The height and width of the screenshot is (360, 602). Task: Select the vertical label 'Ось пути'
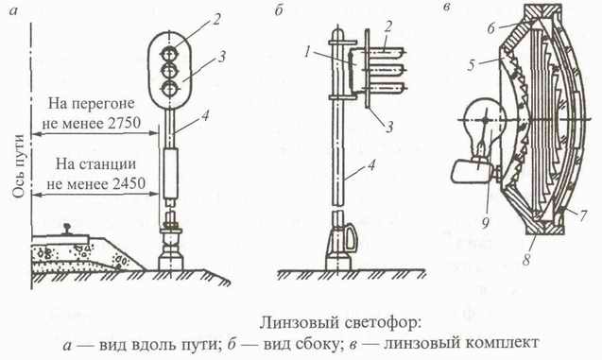19,166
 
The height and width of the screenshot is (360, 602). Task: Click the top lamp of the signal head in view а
169,53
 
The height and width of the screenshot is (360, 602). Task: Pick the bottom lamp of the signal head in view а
169,89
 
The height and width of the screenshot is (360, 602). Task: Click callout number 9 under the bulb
485,222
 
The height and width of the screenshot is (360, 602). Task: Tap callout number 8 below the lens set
526,259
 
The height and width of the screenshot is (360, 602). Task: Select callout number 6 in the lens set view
491,28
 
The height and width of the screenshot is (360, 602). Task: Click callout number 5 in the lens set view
472,65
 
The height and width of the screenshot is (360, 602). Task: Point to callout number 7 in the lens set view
582,215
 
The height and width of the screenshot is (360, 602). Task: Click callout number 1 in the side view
307,52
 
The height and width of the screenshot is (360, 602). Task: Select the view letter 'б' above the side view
279,10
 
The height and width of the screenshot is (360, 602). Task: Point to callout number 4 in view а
205,115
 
